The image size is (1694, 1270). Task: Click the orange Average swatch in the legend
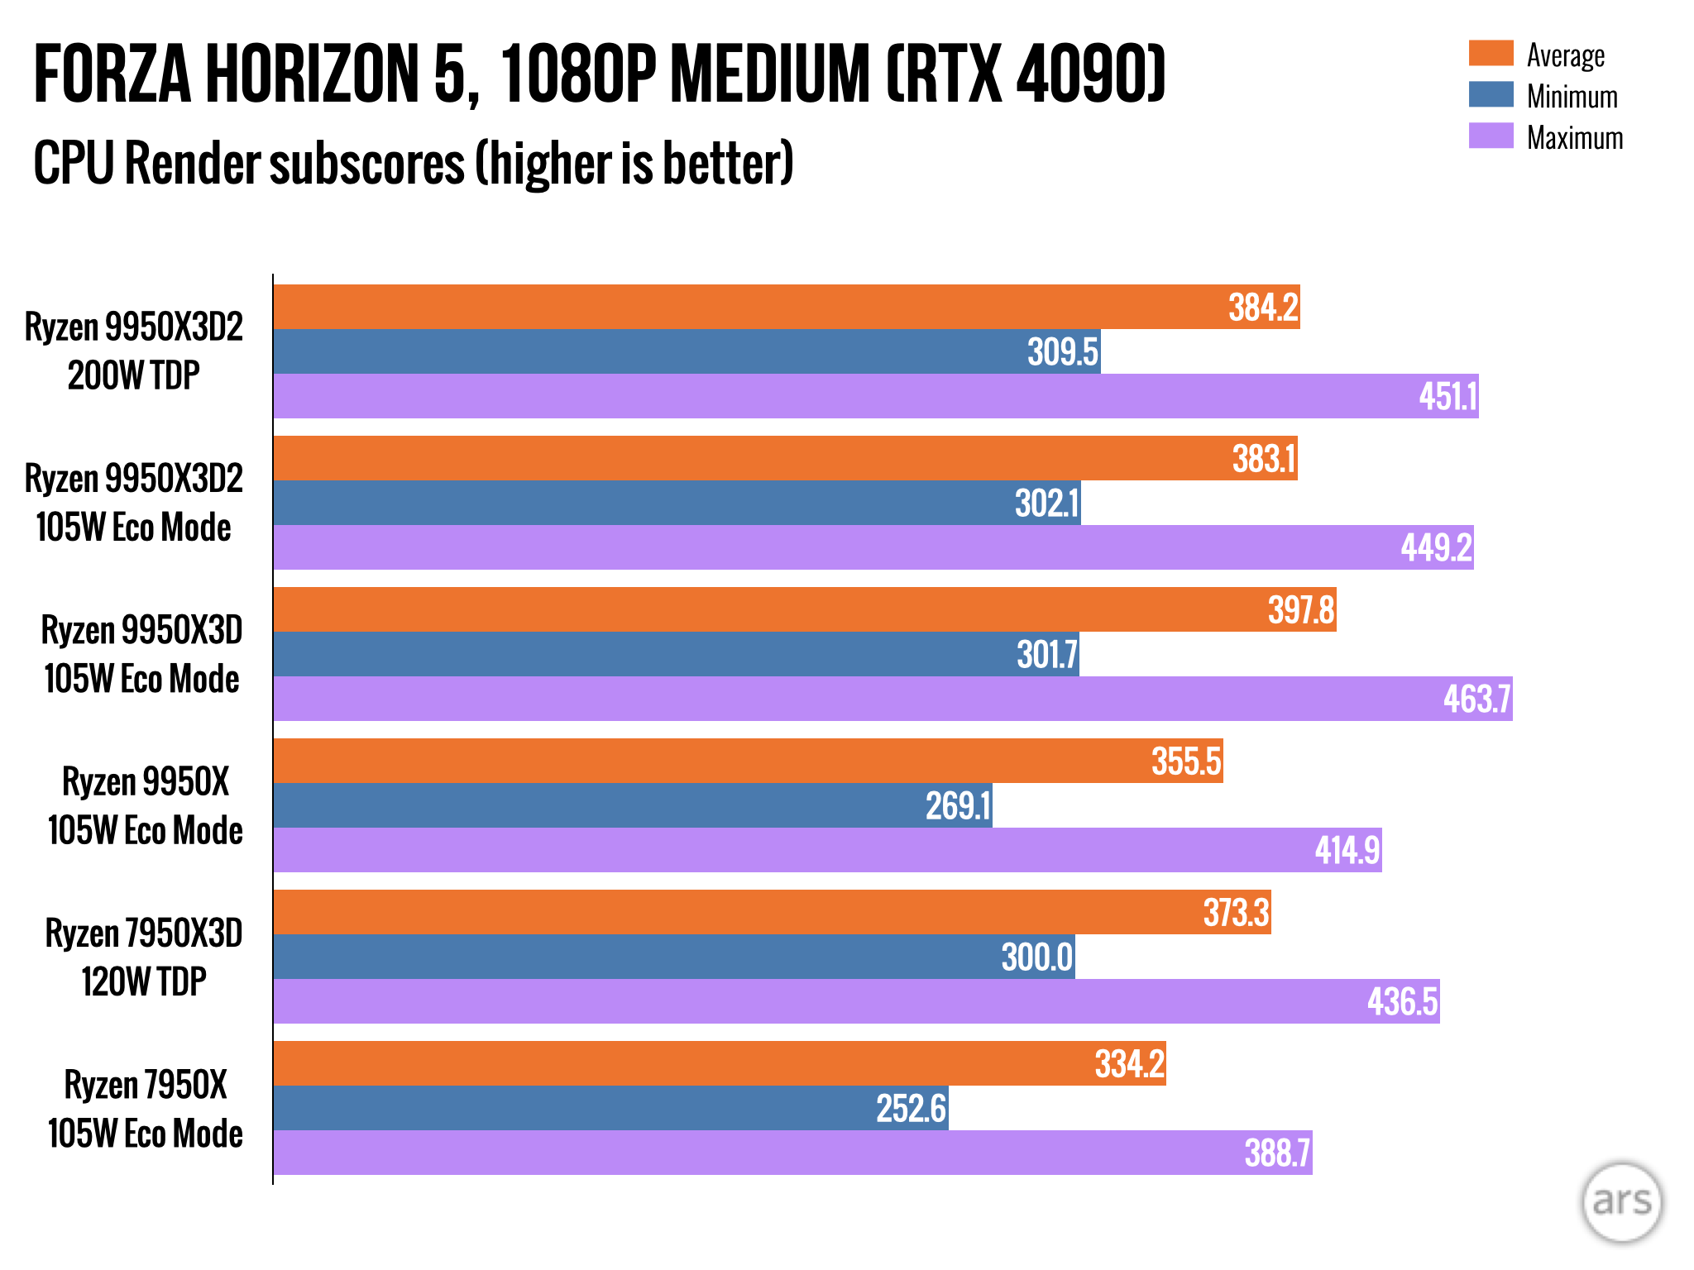1491,53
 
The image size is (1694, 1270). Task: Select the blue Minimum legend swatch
1491,94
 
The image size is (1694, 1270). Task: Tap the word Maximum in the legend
1575,137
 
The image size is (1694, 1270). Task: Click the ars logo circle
1621,1202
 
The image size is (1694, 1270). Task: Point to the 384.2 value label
1263,308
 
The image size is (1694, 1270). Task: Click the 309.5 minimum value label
1063,352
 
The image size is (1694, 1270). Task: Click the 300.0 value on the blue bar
1037,957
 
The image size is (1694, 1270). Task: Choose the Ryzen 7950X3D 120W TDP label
144,957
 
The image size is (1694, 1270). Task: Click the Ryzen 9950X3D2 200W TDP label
134,351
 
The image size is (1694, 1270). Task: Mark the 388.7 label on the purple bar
1277,1153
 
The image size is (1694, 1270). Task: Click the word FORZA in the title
112,74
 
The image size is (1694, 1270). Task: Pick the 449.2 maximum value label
1436,547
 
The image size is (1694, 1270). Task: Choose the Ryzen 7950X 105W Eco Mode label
146,1109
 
